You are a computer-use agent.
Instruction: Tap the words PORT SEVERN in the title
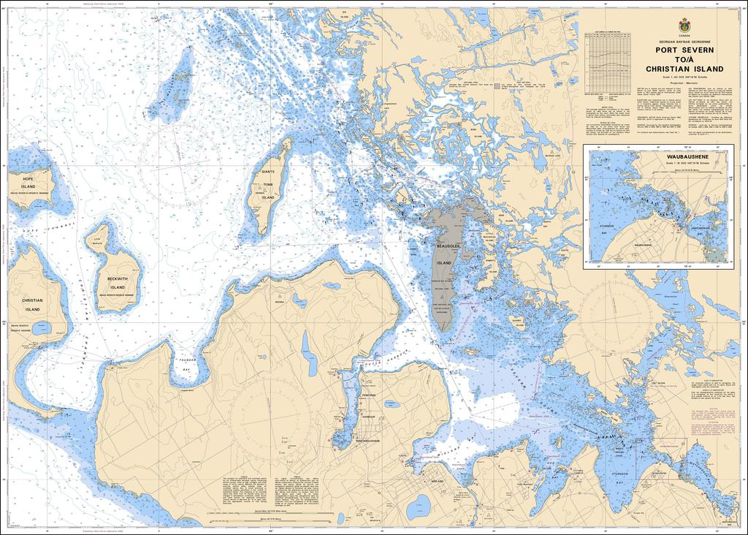(x=684, y=50)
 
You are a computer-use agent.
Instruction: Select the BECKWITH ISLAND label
(x=116, y=283)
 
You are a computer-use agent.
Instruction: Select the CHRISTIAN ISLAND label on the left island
(x=32, y=305)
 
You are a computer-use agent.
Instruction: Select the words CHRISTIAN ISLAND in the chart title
(x=684, y=69)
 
